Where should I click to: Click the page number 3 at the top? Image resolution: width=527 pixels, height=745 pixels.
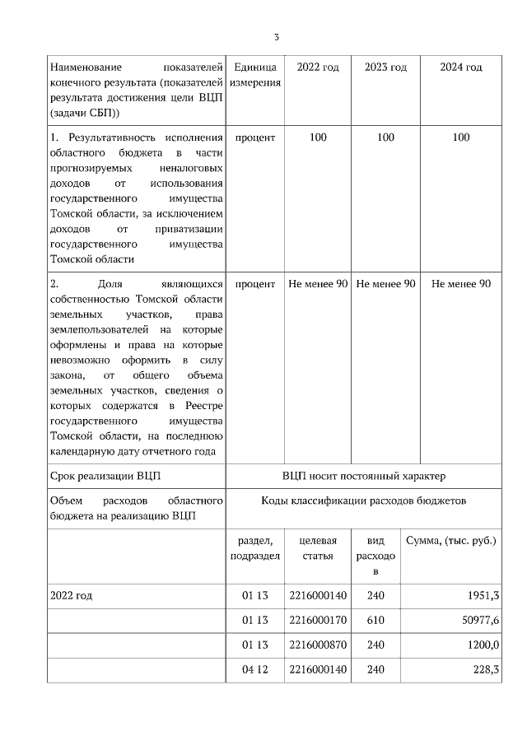[x=277, y=37]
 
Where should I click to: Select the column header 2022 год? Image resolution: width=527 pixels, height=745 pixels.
[x=318, y=67]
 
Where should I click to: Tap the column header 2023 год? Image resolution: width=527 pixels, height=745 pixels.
[x=385, y=67]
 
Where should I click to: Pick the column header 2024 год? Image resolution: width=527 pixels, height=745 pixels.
[x=461, y=67]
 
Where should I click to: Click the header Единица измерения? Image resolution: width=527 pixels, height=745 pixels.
[x=255, y=75]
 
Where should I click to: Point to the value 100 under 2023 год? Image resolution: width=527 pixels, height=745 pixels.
[x=385, y=137]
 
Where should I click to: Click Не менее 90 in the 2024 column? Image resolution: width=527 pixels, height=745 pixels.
[x=461, y=283]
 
